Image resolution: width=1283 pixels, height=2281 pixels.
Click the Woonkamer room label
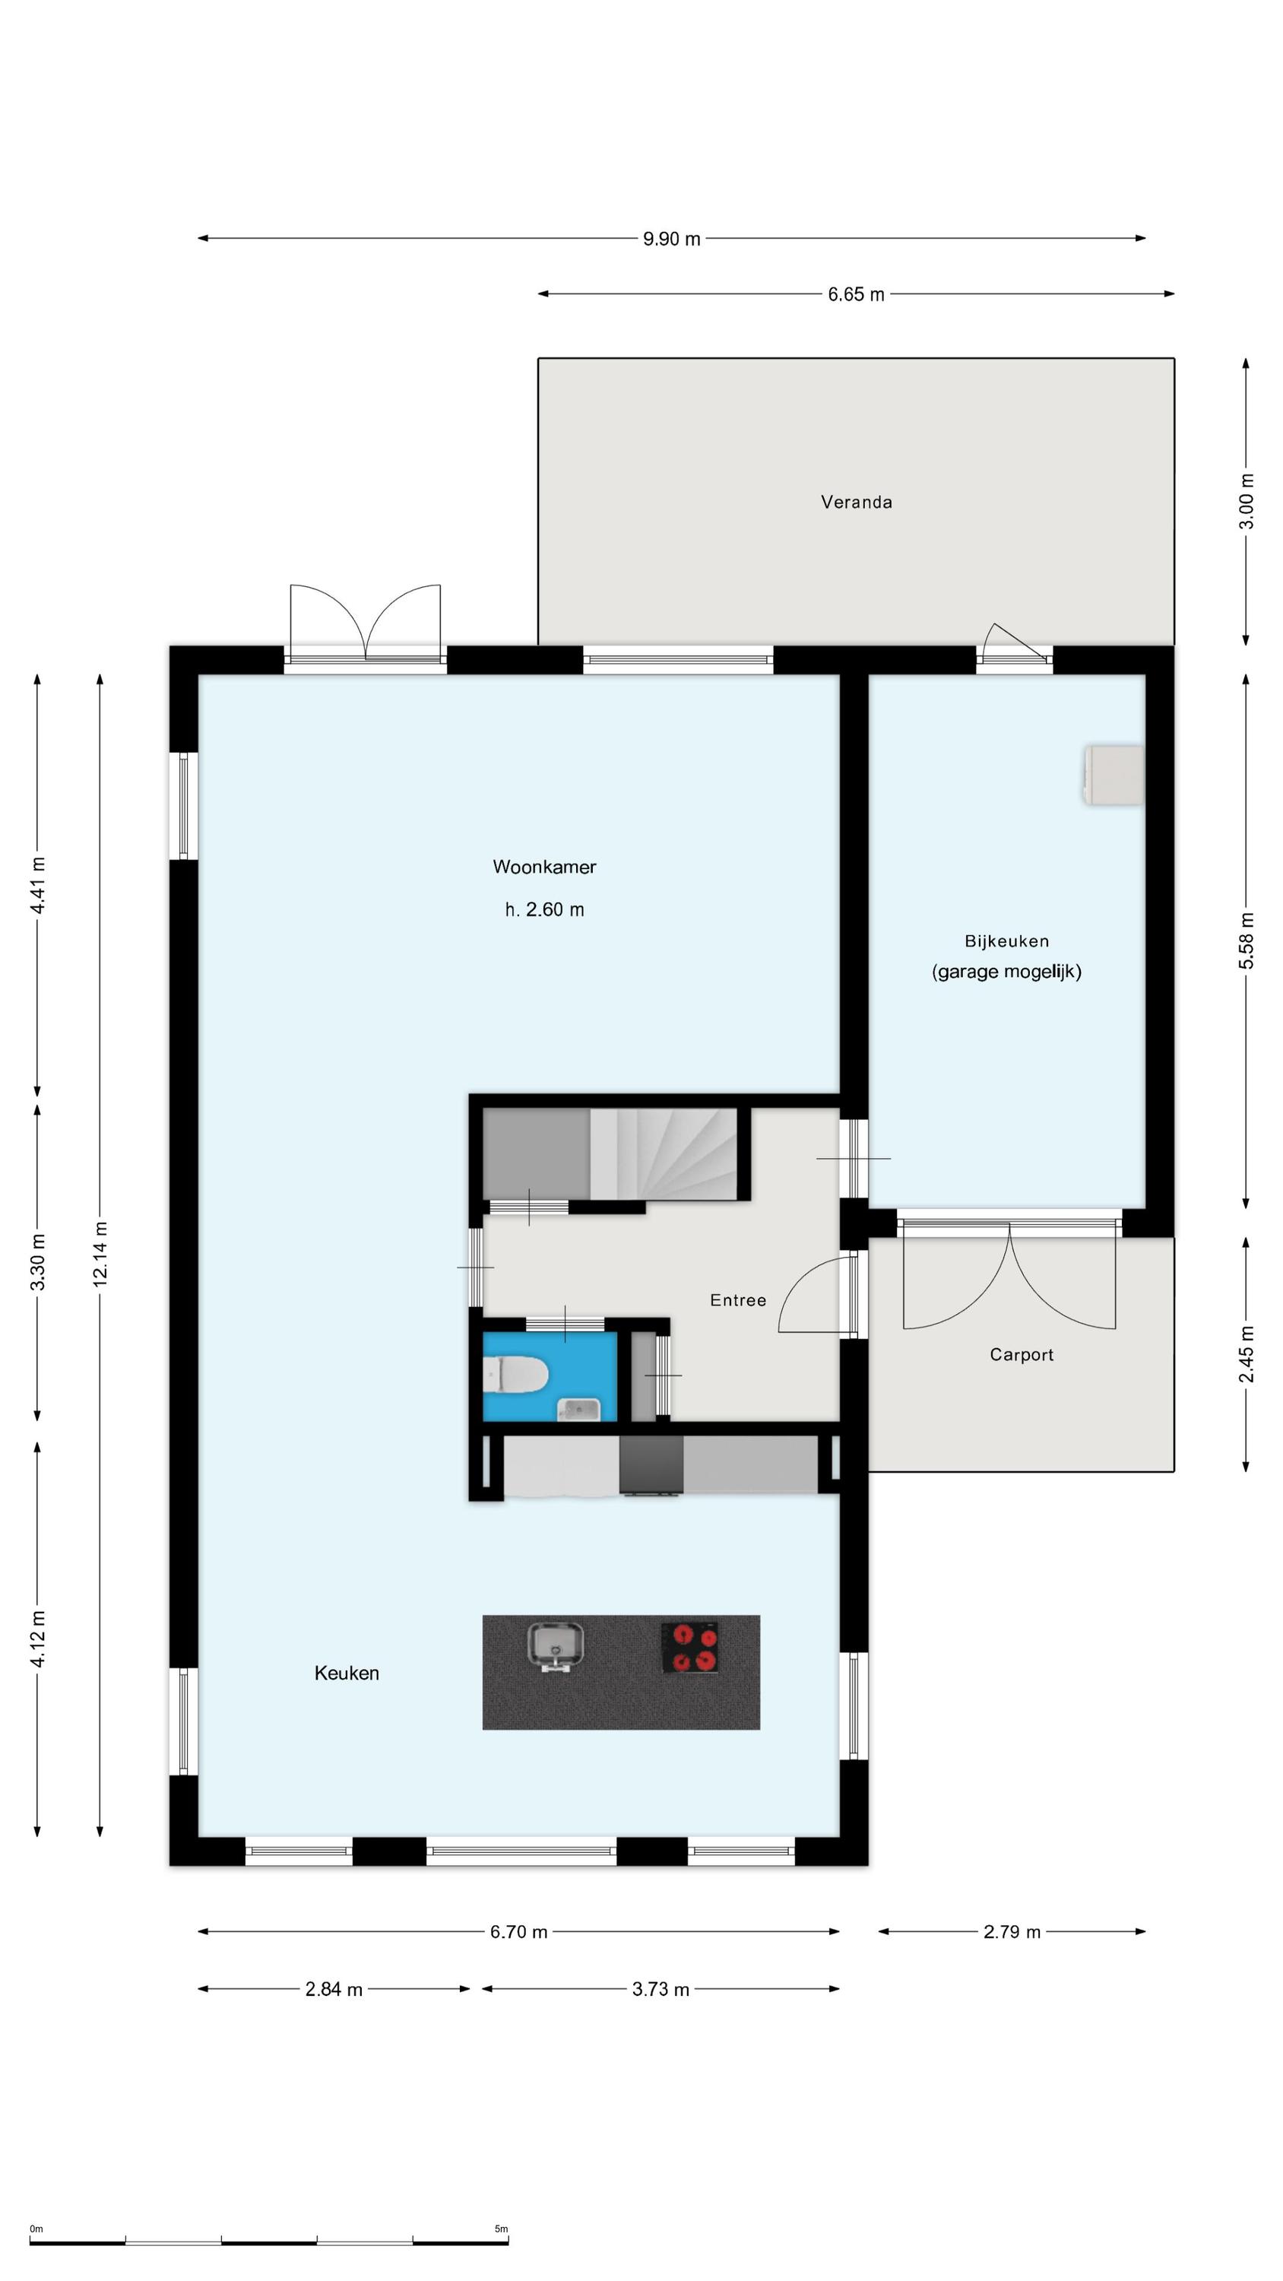[x=543, y=867]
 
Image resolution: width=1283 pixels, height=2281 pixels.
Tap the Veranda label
[x=856, y=502]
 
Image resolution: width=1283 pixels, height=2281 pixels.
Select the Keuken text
[x=346, y=1673]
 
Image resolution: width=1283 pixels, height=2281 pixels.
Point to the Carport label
[x=1021, y=1355]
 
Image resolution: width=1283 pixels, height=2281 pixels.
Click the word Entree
[x=737, y=1300]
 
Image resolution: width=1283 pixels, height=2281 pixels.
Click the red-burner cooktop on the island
[x=689, y=1647]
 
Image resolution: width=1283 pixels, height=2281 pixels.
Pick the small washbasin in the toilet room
[x=578, y=1409]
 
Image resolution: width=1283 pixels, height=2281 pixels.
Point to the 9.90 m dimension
[x=671, y=238]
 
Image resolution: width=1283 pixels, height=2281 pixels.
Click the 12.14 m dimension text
[x=100, y=1254]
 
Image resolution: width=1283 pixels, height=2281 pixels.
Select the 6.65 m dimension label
[x=856, y=294]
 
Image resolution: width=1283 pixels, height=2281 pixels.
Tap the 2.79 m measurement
[x=1011, y=1931]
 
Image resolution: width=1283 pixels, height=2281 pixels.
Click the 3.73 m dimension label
[x=661, y=1989]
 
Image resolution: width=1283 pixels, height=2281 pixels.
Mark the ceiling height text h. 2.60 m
[x=543, y=909]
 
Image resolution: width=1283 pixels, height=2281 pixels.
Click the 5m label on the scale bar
[x=501, y=2229]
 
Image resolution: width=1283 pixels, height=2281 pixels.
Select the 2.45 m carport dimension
[x=1246, y=1354]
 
